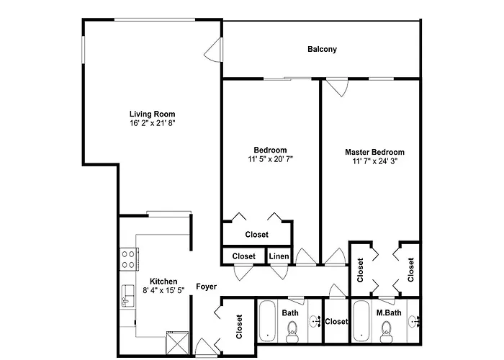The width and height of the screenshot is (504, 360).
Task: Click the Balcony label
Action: [x=322, y=49]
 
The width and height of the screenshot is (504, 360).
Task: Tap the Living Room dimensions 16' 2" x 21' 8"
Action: [x=153, y=123]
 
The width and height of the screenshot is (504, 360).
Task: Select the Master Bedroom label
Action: [x=374, y=152]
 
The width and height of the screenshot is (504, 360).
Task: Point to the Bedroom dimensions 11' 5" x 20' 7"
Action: [x=270, y=159]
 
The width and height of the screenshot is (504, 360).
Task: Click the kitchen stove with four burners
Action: [x=129, y=259]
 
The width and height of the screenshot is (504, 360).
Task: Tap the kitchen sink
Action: [x=127, y=296]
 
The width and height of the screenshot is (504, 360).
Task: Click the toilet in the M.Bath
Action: [x=386, y=333]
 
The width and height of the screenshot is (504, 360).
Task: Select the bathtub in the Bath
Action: [x=267, y=321]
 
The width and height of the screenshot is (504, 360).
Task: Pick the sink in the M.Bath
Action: [x=415, y=321]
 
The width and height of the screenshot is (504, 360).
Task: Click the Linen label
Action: [x=279, y=256]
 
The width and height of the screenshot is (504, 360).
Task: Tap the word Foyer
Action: [x=207, y=287]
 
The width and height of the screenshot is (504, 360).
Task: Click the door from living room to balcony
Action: [x=213, y=50]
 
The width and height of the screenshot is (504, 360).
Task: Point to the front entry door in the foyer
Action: [x=205, y=348]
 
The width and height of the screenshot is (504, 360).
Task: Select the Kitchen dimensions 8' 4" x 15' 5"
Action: [x=163, y=290]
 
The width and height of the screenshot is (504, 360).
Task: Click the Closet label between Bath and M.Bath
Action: [x=336, y=321]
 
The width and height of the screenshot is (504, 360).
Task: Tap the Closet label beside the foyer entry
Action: [x=239, y=327]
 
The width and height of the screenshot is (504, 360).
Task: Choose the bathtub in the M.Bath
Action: [x=362, y=321]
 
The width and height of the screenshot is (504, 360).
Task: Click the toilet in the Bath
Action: [x=292, y=333]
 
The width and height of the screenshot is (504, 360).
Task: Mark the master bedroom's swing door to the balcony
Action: [x=337, y=87]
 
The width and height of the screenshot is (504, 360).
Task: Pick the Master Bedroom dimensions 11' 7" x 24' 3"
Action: [x=375, y=161]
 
